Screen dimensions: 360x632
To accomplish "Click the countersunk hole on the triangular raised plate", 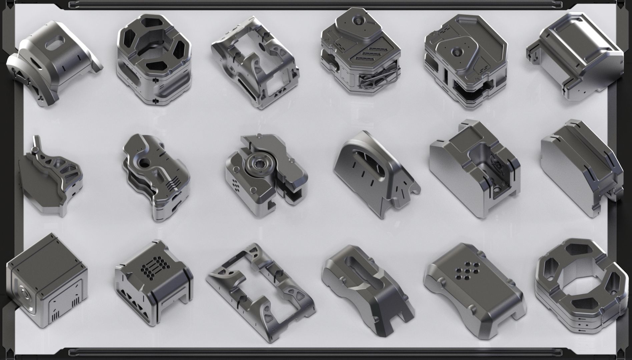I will pyautogui.click(x=456, y=51).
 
